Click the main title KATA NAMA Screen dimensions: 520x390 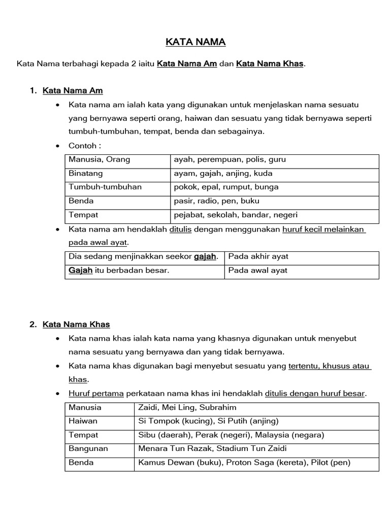coord(196,42)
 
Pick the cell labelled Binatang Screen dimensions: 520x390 coord(86,173)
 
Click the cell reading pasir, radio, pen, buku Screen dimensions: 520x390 coord(217,201)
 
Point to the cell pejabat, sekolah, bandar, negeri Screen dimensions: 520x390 coord(236,215)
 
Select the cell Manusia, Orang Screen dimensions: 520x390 coord(100,159)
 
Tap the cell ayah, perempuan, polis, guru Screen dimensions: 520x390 coord(230,159)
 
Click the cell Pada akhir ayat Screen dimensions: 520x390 coord(258,256)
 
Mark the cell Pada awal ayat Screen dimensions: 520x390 coord(258,270)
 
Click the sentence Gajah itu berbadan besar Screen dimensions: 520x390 coord(119,270)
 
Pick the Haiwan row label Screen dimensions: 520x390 coord(83,421)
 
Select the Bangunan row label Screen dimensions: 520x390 coord(88,449)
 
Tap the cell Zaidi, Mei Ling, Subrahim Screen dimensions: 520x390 coord(187,407)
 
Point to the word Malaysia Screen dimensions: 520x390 coord(274,435)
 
